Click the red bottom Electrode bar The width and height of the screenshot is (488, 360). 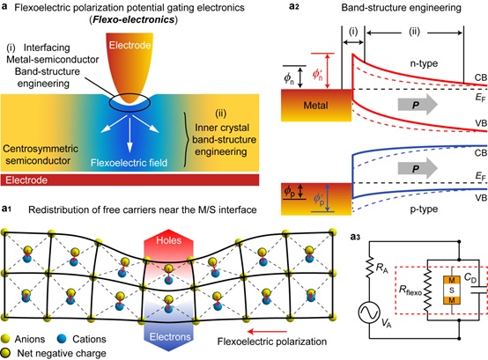[129, 180]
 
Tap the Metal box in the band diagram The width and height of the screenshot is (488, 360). [316, 105]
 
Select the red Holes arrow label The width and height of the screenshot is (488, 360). [168, 240]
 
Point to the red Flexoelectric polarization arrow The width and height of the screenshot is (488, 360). [267, 332]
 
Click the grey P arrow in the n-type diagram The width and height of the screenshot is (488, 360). [418, 105]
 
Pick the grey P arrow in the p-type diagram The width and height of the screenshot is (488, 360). [418, 168]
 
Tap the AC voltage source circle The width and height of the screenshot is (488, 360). [369, 312]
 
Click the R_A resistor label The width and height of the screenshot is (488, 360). [382, 268]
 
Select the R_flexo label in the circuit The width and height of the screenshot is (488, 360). [410, 290]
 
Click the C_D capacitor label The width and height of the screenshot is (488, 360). [470, 277]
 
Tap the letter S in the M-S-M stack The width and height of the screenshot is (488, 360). [452, 290]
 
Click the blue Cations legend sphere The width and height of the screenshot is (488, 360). [63, 339]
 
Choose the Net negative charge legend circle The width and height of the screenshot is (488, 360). [5, 353]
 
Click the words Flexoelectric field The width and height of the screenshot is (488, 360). [129, 163]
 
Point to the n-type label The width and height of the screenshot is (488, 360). [424, 63]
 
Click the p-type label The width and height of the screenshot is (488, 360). [424, 209]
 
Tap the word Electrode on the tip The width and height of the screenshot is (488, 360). [129, 46]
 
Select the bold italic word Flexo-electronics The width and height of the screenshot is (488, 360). [134, 19]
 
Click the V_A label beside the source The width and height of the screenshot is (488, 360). [386, 323]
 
